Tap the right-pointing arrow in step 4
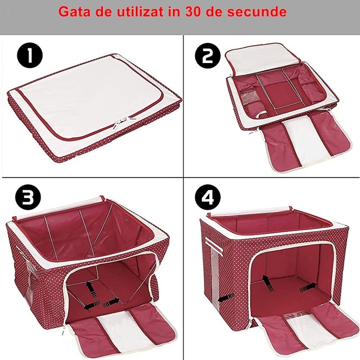click(x=307, y=288)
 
